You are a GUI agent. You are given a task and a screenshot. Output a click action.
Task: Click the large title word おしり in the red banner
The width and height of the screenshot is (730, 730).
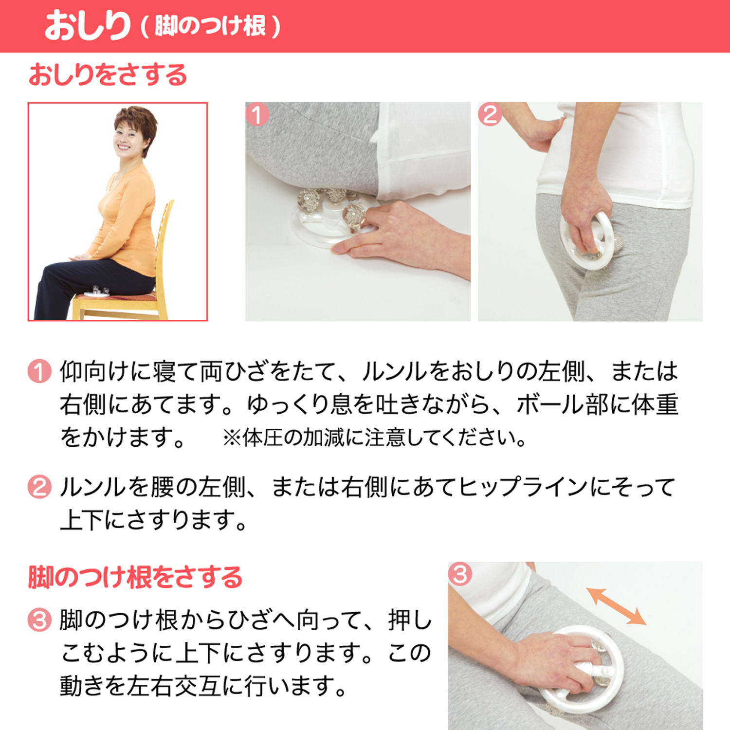point(88,26)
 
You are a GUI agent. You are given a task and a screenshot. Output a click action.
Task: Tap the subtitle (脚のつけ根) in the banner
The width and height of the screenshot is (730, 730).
point(211,26)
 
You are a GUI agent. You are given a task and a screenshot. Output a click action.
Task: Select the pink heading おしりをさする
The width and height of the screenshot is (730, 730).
point(108,75)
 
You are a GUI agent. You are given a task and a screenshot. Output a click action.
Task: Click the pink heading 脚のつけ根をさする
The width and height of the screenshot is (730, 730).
point(135,577)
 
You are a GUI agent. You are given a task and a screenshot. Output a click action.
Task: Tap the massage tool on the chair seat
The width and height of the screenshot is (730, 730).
point(97,291)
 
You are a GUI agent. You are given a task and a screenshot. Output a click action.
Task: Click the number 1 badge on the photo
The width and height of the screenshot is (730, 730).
point(257,115)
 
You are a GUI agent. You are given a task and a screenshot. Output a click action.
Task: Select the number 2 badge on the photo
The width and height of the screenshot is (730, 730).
point(490,115)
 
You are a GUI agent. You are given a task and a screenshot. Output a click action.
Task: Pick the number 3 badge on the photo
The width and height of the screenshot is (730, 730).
point(460,574)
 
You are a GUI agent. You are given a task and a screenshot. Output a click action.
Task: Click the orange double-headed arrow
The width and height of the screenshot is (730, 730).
point(616,606)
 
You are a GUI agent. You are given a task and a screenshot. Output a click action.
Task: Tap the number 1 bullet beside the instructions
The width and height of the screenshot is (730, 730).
point(39,371)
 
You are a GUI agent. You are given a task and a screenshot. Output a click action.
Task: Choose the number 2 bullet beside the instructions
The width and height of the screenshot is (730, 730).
point(39,487)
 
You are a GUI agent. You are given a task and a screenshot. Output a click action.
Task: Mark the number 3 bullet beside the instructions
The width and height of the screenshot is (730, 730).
point(39,620)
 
